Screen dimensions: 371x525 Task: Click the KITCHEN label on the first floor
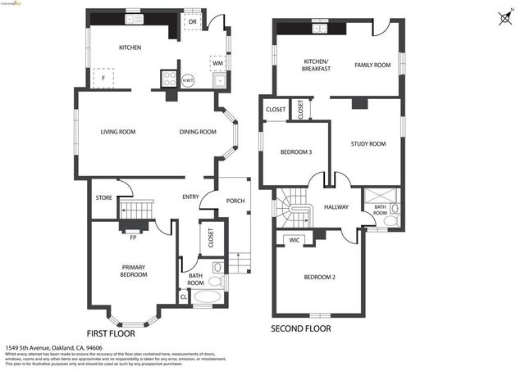click(x=130, y=48)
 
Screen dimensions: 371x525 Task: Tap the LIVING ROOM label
click(x=118, y=132)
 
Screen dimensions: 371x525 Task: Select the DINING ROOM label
click(x=198, y=132)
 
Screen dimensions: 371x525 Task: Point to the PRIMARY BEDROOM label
click(x=134, y=271)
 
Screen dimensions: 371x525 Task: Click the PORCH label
click(x=235, y=201)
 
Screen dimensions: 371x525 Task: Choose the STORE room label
click(x=103, y=197)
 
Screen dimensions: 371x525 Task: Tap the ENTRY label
click(x=190, y=197)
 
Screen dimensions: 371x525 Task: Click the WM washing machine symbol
click(x=217, y=62)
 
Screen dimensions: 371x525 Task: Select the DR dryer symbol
click(x=192, y=22)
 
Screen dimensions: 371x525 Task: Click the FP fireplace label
click(x=132, y=238)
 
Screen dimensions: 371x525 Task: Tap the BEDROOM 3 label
click(x=296, y=152)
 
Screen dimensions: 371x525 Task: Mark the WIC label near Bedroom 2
click(x=293, y=240)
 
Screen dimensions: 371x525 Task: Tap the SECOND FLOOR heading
click(x=301, y=329)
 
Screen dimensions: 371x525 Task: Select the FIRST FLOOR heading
click(x=111, y=333)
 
